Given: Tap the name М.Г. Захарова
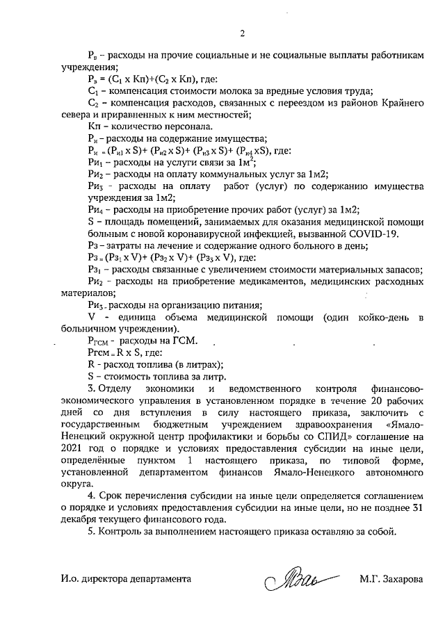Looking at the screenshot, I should click(x=391, y=579).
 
